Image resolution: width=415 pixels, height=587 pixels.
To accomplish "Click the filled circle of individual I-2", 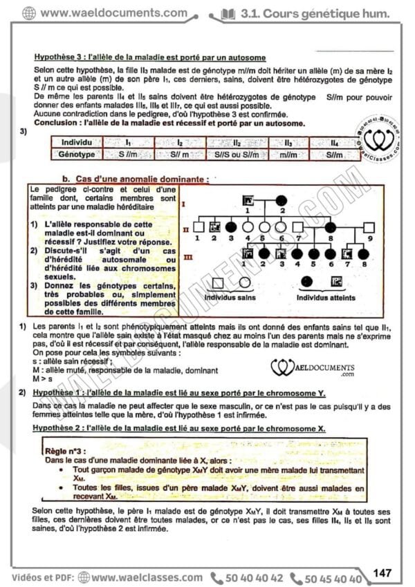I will tap(282, 200).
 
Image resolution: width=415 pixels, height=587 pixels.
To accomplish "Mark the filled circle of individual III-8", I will tap(365, 253).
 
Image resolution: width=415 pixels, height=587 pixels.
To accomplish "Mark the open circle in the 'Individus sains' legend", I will tap(244, 282).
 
